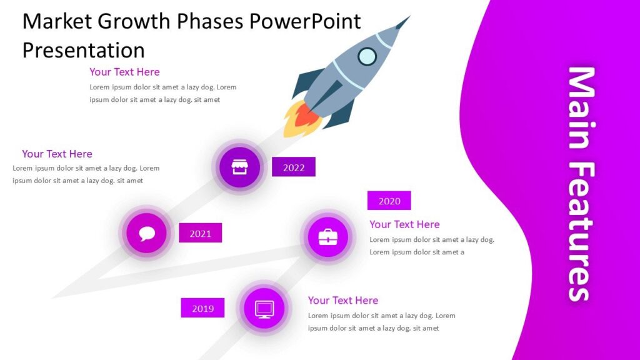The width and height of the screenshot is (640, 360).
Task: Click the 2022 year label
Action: coord(294,167)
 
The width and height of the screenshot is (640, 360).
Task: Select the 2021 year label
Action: coord(201,233)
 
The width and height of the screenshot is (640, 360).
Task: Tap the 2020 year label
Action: coord(389,201)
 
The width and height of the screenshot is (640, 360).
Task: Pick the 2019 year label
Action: coord(202,308)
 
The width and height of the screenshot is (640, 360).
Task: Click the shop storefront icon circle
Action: coord(239,167)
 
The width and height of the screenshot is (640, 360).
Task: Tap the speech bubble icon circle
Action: coord(147,233)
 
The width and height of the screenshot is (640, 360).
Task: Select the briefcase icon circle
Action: coord(328,237)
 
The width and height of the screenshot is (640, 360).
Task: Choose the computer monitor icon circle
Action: coord(264,308)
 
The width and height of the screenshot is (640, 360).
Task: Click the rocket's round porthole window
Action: coord(367,57)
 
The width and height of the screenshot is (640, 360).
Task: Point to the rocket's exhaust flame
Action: coord(298,119)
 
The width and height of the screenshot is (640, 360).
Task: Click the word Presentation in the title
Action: coord(83,49)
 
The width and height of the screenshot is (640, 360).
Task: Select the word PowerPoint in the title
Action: coord(304,21)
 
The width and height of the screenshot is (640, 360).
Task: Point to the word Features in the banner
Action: coord(580,232)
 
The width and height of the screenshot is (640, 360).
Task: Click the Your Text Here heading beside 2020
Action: coord(404,224)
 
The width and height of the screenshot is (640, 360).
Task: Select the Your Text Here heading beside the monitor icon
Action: coord(342,301)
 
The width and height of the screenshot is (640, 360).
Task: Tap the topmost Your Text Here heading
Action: coord(124,72)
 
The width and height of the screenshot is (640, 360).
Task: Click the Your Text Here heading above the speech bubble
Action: coord(57,154)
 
